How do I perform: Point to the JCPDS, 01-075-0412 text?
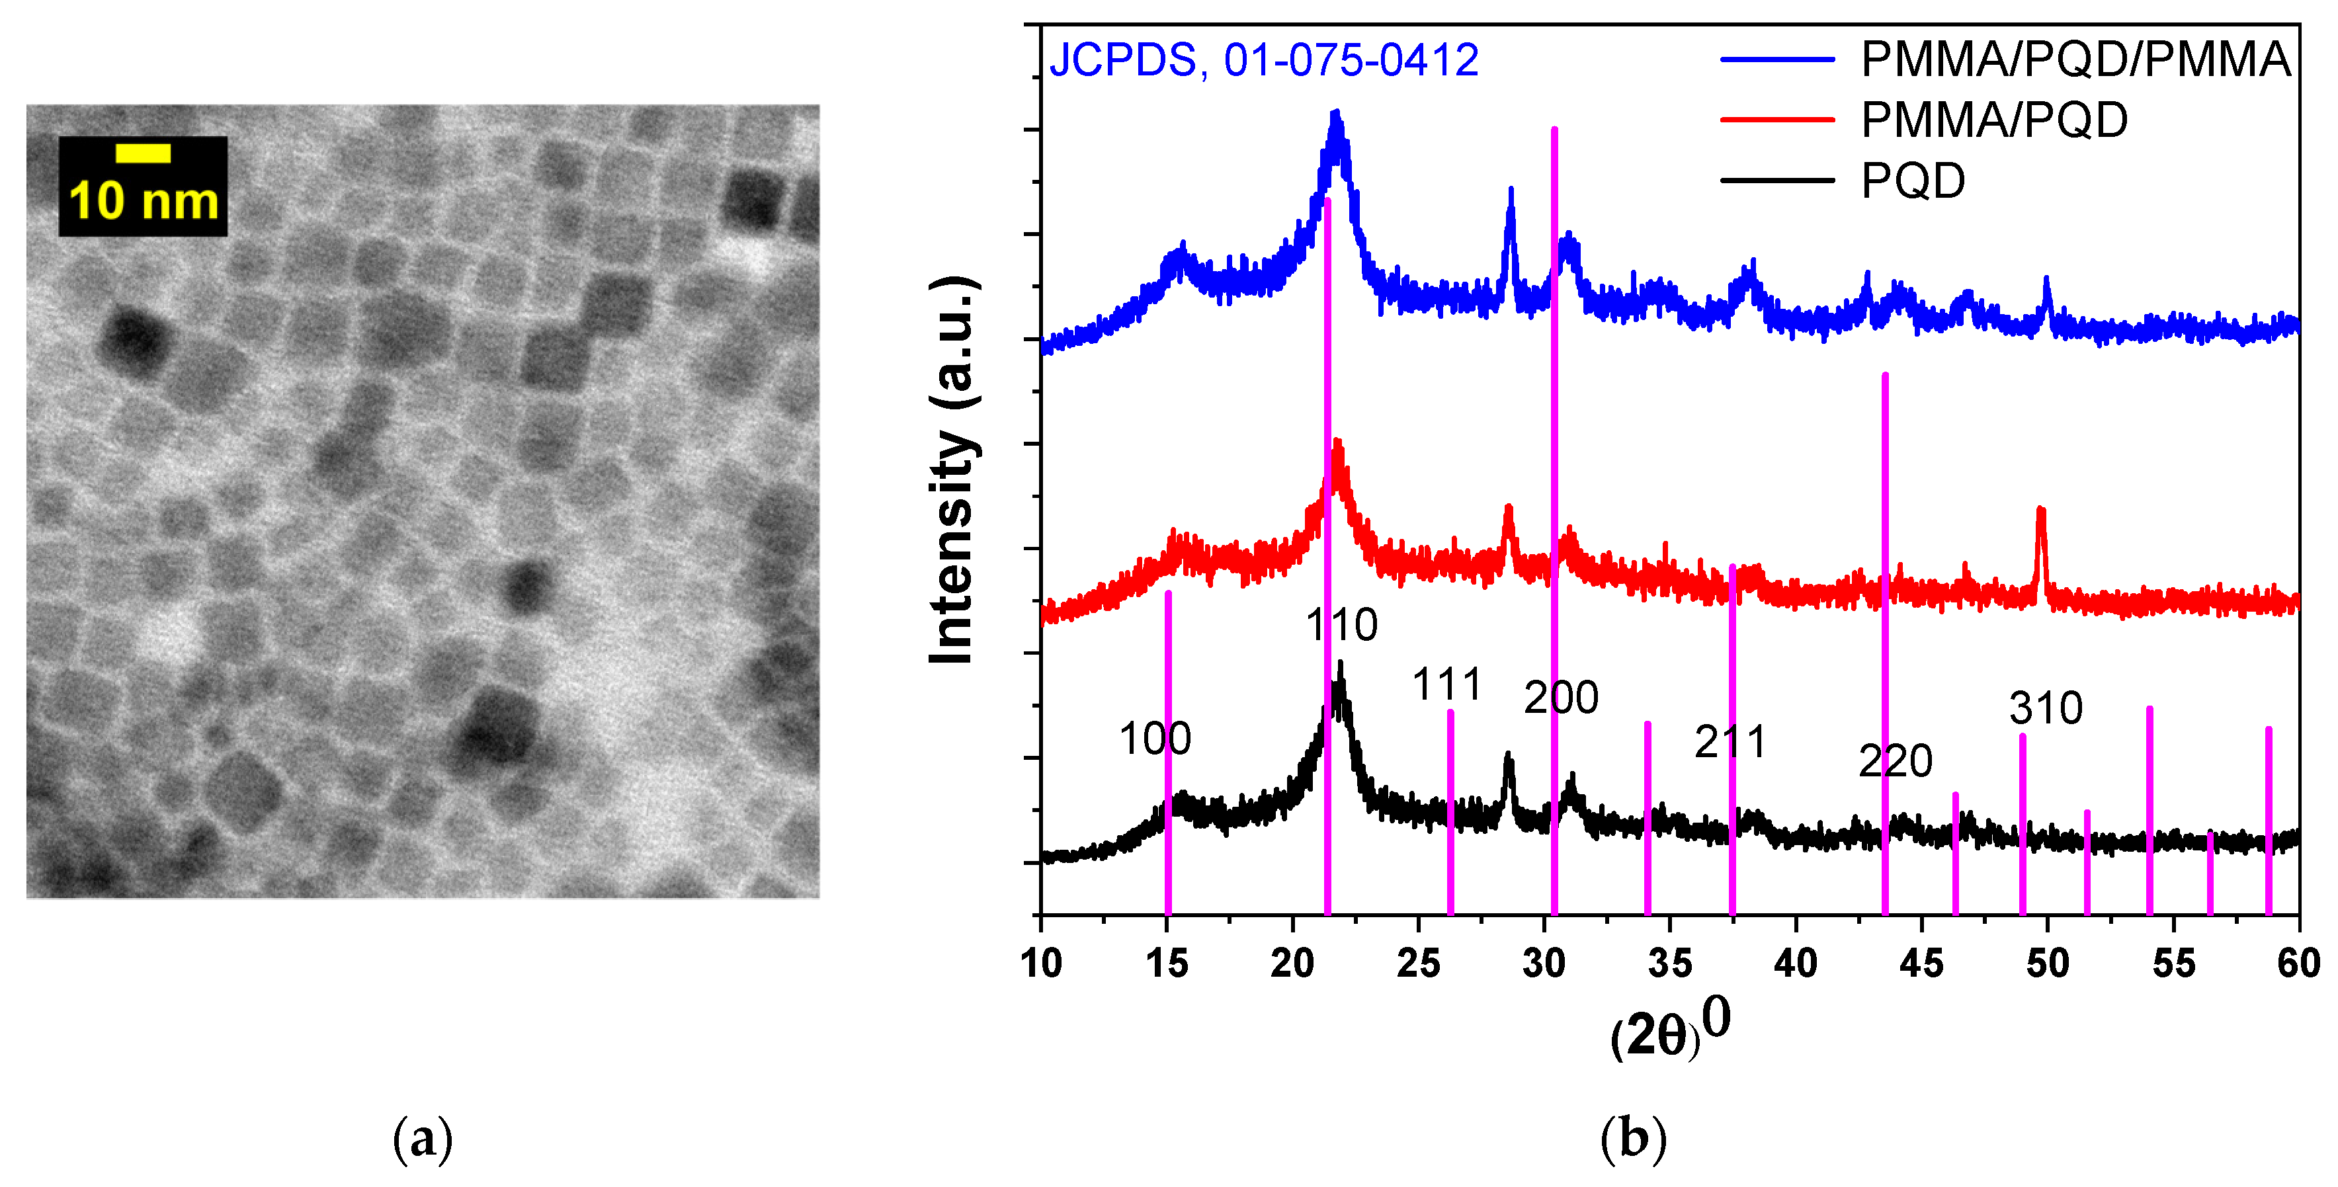tap(1263, 61)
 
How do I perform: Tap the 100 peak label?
tap(1155, 739)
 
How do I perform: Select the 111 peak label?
tap(1446, 684)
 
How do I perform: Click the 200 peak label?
tap(1561, 698)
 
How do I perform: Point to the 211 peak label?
tap(1730, 743)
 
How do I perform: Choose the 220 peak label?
tap(1895, 760)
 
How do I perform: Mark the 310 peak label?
tap(2046, 708)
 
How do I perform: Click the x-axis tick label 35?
tap(1670, 963)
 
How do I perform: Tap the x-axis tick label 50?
tap(2048, 963)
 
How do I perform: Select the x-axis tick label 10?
tap(1041, 963)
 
